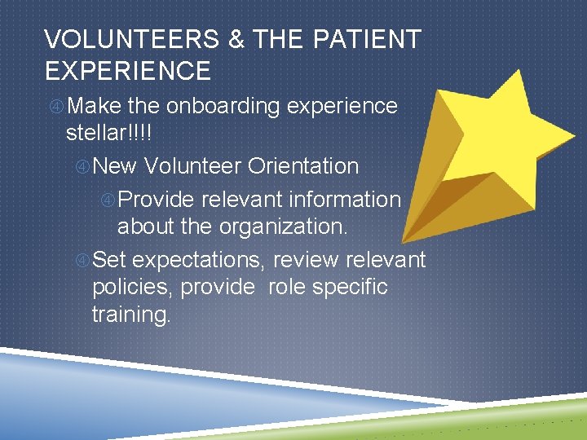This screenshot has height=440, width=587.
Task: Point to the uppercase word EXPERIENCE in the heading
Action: coord(128,71)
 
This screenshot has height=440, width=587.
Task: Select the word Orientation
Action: coord(303,166)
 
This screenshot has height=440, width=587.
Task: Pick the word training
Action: coord(131,315)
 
